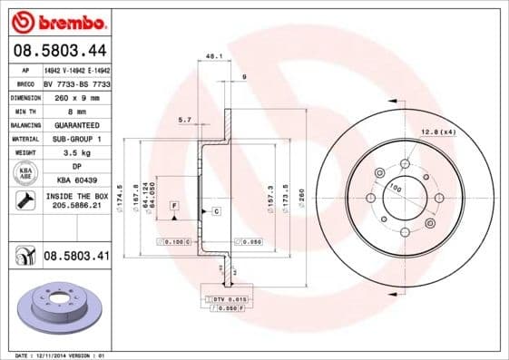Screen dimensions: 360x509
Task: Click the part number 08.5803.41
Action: tap(76, 258)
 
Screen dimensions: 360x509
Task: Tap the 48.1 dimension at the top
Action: tap(215, 55)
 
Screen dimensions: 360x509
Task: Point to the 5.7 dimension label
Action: tap(185, 119)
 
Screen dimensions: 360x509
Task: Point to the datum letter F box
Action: tap(173, 207)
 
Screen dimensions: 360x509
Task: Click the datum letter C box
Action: tap(217, 211)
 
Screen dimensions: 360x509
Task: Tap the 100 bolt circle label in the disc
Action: tap(395, 187)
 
